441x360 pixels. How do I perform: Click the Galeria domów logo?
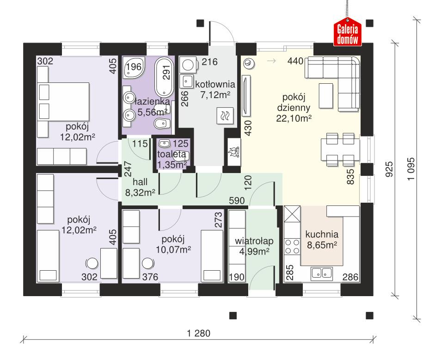(347, 33)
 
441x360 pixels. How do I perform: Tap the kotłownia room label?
(215, 85)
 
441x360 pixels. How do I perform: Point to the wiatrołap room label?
(254, 241)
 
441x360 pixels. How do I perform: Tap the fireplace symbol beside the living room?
(233, 151)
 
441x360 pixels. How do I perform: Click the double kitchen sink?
(322, 273)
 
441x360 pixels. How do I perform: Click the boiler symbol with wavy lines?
(226, 115)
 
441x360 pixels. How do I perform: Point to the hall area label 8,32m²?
(140, 192)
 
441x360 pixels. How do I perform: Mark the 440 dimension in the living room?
(295, 61)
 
